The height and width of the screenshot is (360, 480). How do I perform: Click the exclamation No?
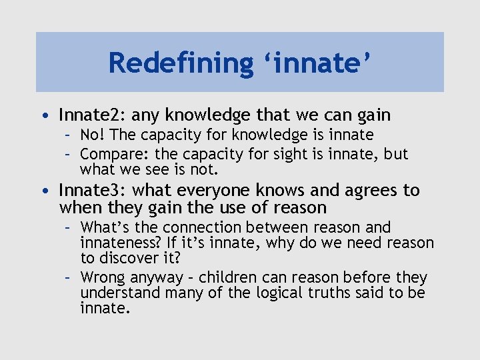[94, 135]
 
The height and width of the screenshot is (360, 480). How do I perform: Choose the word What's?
[104, 228]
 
